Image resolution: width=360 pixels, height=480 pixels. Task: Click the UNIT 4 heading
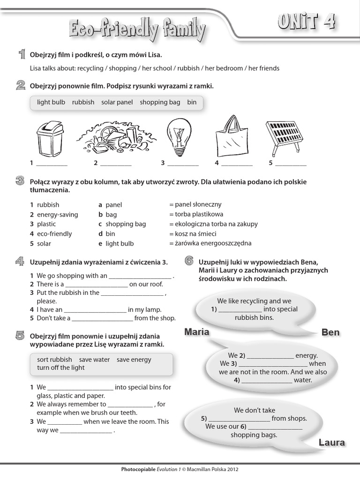point(307,22)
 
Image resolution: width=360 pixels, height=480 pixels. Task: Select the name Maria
point(196,332)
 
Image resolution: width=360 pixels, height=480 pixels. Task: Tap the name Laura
point(331,442)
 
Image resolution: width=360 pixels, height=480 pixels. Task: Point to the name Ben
point(330,332)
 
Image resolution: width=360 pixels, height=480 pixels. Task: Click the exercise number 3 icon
point(20,181)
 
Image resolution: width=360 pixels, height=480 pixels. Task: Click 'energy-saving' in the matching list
point(57,215)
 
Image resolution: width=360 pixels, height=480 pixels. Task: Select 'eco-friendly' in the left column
point(54,234)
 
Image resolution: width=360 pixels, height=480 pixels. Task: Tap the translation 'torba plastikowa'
point(196,214)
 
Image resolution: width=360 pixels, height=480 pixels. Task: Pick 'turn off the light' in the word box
point(61,368)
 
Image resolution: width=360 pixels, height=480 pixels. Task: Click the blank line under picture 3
point(183,164)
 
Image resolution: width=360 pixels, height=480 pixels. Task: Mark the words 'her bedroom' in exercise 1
point(222,68)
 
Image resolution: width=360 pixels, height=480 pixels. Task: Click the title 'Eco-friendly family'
point(137,30)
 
